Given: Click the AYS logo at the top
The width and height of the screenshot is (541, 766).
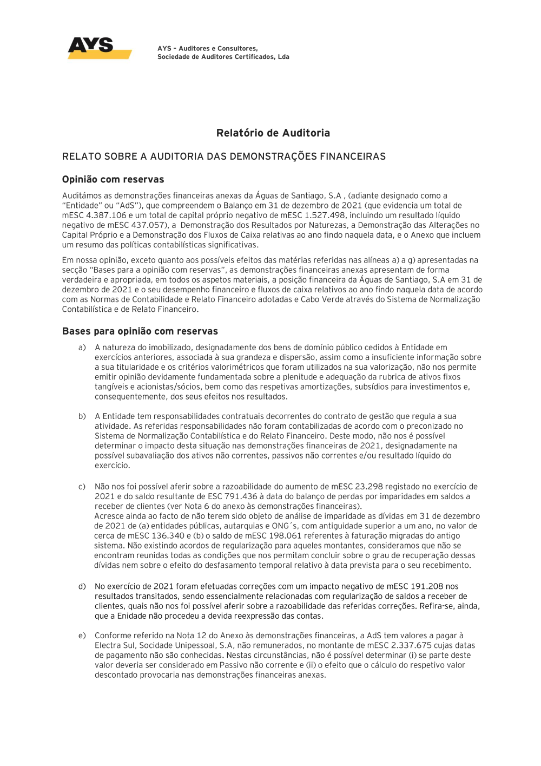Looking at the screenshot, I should pyautogui.click(x=99, y=48).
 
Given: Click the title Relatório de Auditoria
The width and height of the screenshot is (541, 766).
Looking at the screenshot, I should pyautogui.click(x=273, y=133).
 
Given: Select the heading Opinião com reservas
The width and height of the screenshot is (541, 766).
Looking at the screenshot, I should pyautogui.click(x=113, y=180).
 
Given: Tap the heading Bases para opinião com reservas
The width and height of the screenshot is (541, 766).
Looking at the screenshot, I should pyautogui.click(x=140, y=331).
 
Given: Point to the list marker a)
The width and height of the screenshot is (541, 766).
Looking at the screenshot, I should pyautogui.click(x=82, y=348).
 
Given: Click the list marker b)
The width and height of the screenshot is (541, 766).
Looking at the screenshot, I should pyautogui.click(x=82, y=416).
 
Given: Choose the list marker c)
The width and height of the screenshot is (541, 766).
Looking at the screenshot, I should pyautogui.click(x=82, y=487).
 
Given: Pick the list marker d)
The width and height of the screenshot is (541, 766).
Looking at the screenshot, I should pyautogui.click(x=82, y=586).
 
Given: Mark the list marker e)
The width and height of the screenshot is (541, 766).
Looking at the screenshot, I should pyautogui.click(x=82, y=636).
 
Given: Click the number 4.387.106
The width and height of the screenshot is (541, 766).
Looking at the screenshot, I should pyautogui.click(x=106, y=215).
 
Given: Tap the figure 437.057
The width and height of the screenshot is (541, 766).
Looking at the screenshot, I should pyautogui.click(x=146, y=225).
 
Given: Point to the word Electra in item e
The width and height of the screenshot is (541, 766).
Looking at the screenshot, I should pyautogui.click(x=108, y=645).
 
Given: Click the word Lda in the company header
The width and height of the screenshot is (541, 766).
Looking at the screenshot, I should pyautogui.click(x=283, y=57).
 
